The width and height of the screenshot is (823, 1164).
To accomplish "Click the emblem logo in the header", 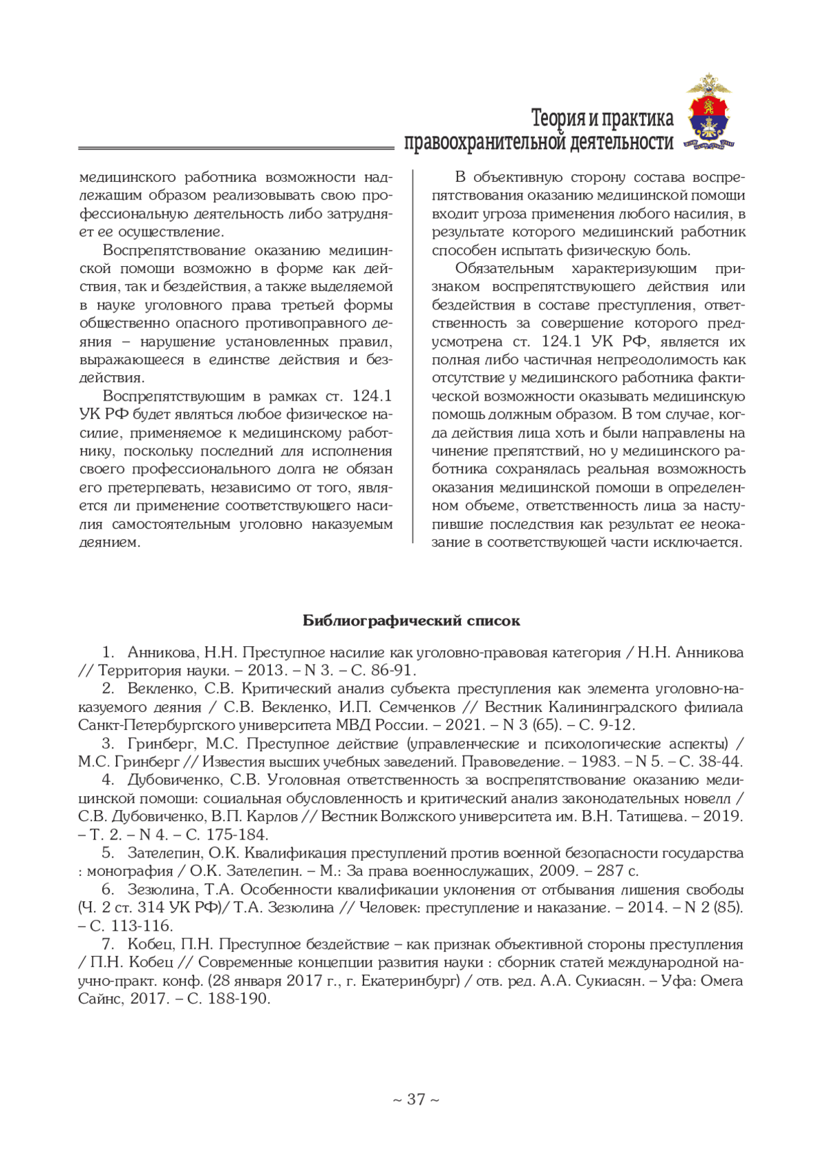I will (708, 112).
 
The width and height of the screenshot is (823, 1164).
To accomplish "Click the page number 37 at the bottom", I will (416, 1099).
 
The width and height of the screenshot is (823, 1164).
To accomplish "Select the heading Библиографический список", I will (411, 621).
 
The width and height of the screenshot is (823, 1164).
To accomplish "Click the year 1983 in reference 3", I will (600, 761).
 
